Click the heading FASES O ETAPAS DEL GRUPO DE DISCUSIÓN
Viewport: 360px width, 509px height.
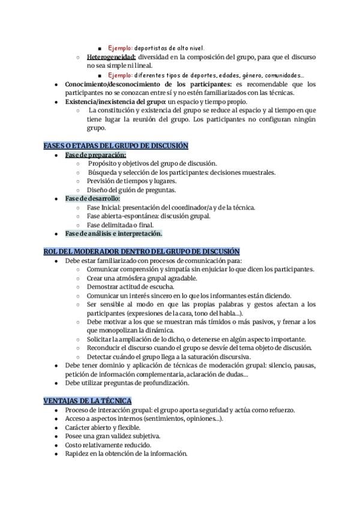(116, 146)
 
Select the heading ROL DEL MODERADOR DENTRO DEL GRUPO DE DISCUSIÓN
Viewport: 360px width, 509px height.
(142, 251)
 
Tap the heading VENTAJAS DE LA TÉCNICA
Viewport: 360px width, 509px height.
(88, 400)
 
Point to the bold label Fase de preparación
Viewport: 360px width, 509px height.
(92, 155)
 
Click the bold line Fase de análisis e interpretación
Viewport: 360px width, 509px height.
(113, 233)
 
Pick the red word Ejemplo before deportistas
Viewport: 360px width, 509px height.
(120, 48)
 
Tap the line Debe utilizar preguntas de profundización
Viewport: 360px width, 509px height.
(127, 382)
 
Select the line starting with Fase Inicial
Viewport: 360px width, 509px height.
(171, 208)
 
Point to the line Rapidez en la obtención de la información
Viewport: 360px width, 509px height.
(126, 454)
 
